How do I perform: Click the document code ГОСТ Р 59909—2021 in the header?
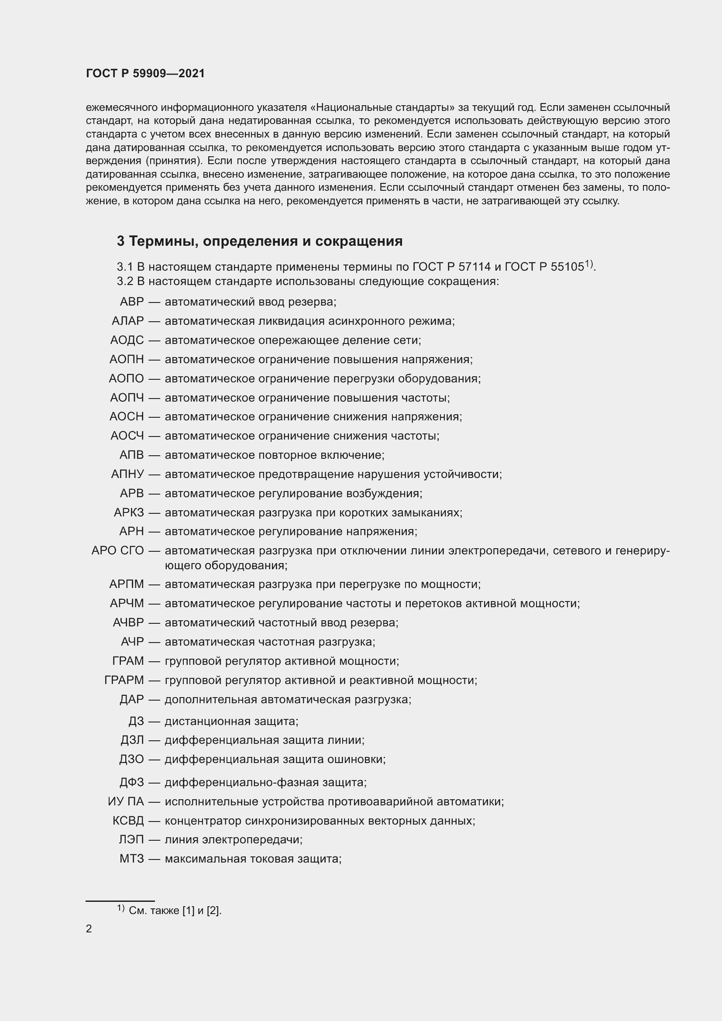[145, 73]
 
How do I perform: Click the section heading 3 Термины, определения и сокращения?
[259, 241]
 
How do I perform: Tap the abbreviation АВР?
[131, 302]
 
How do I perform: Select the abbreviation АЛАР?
[127, 321]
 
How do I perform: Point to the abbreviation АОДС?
[127, 340]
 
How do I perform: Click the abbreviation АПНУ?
[127, 474]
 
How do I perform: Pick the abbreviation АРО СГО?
[117, 550]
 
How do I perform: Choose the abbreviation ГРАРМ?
[124, 680]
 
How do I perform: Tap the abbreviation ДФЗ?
[131, 782]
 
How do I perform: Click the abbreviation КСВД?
[128, 821]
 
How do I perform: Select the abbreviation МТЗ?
[131, 859]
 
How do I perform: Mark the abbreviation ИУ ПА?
[126, 801]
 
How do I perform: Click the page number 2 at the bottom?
[89, 928]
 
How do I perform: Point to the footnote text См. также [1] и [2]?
[175, 911]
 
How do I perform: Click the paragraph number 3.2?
[125, 282]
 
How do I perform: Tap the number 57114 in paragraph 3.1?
[475, 267]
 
